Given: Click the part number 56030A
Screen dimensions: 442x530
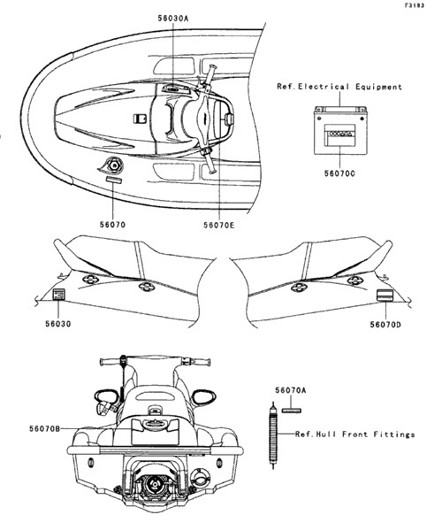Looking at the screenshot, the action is coord(173,19).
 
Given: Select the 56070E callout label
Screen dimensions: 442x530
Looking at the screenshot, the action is coord(218,225).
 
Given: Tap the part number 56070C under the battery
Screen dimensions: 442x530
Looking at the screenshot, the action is coord(339,173).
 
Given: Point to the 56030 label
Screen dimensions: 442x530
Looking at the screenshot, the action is coord(58,324).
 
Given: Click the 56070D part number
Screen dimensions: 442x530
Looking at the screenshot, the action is coord(385,325).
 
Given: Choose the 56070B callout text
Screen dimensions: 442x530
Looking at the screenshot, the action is coord(44,428).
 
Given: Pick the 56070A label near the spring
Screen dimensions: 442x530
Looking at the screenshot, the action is coord(290,390).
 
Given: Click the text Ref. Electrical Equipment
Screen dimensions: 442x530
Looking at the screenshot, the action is coord(339,87).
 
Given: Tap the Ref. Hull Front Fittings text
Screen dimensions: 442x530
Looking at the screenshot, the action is coord(354,434).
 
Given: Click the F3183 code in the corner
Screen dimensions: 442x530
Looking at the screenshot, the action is coord(415,5).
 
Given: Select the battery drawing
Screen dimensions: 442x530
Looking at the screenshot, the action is coord(340,130).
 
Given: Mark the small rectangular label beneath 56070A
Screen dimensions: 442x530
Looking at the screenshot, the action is coord(291,411).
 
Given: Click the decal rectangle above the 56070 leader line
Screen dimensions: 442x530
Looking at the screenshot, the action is coord(113,180).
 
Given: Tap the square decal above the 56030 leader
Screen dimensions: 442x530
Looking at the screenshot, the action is coord(58,295).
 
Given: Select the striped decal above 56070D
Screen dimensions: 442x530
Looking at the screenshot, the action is coord(384,295).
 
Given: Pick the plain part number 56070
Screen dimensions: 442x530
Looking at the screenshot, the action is coord(112,225).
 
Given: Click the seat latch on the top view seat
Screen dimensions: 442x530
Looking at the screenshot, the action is coord(139,119).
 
